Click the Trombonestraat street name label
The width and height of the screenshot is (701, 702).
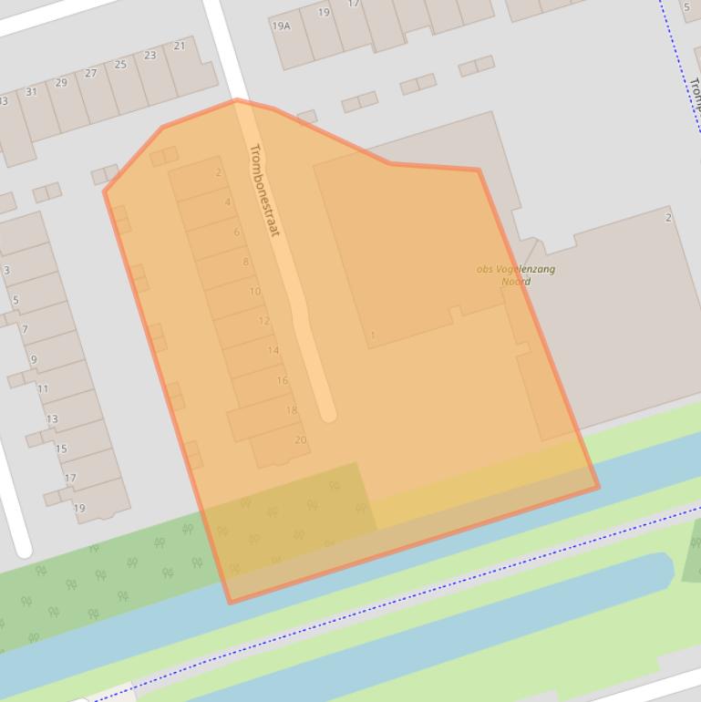(x=264, y=191)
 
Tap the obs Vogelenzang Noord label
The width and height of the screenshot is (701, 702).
(x=516, y=274)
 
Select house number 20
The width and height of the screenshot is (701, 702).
(x=301, y=439)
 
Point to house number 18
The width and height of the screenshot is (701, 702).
(x=292, y=410)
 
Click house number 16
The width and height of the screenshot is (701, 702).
(x=283, y=381)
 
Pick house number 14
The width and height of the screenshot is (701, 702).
(x=273, y=351)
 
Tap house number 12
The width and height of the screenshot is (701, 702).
(x=264, y=321)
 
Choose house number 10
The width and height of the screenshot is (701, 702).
(x=255, y=292)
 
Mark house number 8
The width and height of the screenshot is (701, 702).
(x=245, y=263)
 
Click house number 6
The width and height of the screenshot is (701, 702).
(x=236, y=232)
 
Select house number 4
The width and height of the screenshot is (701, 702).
(x=227, y=202)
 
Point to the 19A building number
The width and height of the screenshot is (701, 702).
(x=281, y=26)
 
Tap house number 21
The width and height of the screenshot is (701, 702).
(x=179, y=46)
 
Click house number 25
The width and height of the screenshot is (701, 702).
(x=120, y=65)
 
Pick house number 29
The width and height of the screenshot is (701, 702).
(x=61, y=83)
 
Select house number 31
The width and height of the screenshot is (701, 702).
(x=32, y=92)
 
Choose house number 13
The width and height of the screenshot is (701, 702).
(x=52, y=419)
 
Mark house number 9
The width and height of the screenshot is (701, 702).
(x=34, y=359)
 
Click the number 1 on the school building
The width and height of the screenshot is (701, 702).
(x=372, y=336)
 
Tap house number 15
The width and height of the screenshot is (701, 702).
(x=61, y=449)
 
